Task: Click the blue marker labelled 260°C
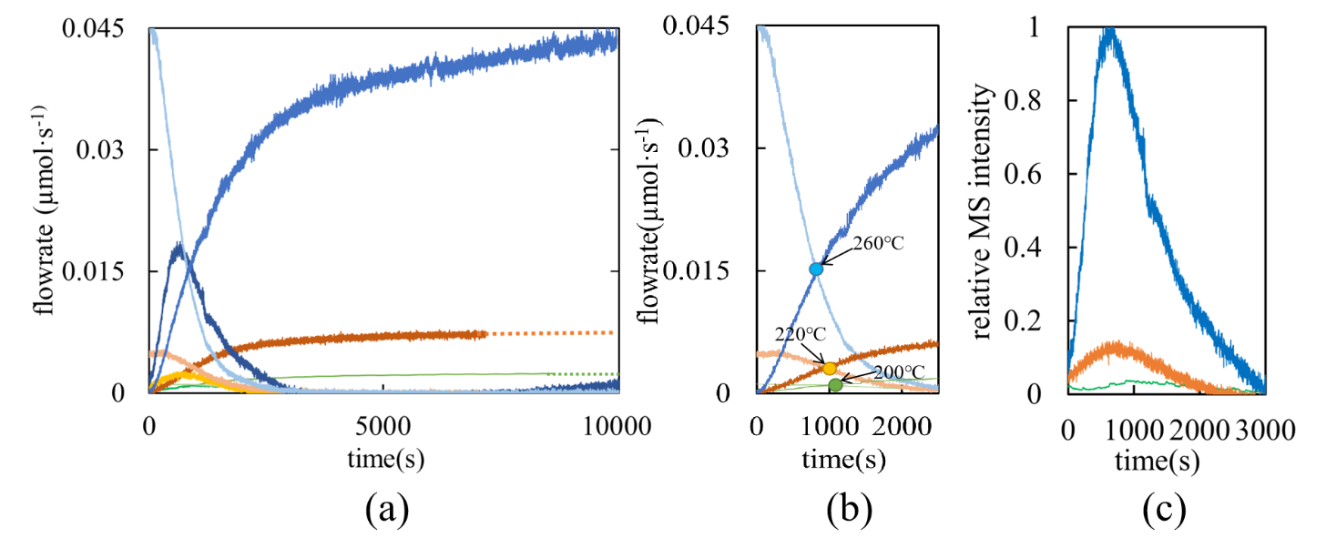pyautogui.click(x=816, y=269)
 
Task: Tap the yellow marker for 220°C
pyautogui.click(x=830, y=368)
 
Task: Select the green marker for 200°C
pyautogui.click(x=836, y=385)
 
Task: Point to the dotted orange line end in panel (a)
pyautogui.click(x=612, y=333)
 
